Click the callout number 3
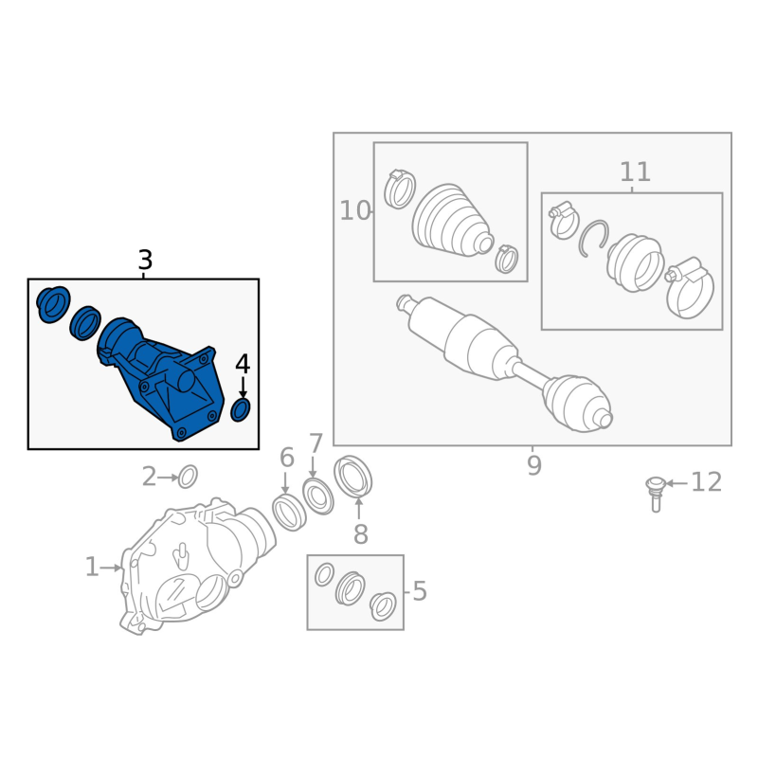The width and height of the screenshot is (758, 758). (x=145, y=260)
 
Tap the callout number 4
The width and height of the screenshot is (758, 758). (x=243, y=365)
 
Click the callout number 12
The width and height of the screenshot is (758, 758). (x=706, y=482)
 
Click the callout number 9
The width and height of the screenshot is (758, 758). (x=533, y=465)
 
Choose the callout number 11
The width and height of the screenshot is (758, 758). (x=635, y=171)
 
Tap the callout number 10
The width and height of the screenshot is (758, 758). (x=354, y=210)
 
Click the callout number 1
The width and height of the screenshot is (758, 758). (x=92, y=567)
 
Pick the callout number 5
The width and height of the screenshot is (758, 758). (x=420, y=591)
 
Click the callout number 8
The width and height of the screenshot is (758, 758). (x=361, y=534)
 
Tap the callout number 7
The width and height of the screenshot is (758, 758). (x=316, y=443)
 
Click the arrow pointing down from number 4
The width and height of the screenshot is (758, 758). (x=243, y=388)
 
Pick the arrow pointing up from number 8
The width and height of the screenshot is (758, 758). (x=359, y=509)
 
